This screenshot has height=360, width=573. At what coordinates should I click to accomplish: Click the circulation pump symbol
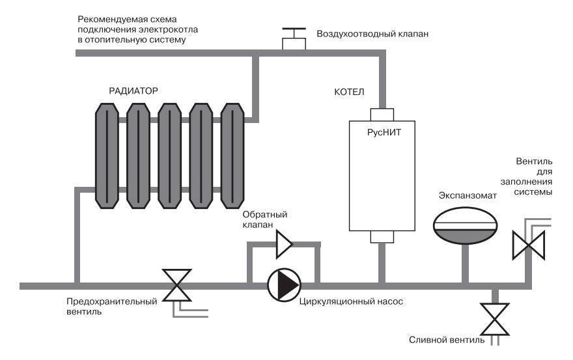point(284,285)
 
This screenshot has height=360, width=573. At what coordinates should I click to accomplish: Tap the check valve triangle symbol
point(285,245)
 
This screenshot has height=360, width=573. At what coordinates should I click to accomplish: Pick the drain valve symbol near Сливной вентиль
point(494,317)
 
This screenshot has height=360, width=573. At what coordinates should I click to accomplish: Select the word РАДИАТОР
point(133,90)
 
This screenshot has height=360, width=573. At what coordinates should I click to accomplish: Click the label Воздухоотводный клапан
point(372,33)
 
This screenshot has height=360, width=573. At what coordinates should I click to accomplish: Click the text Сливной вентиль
point(447,340)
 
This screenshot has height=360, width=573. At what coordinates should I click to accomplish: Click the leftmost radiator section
point(106,156)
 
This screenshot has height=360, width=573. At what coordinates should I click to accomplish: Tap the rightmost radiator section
point(232,156)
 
